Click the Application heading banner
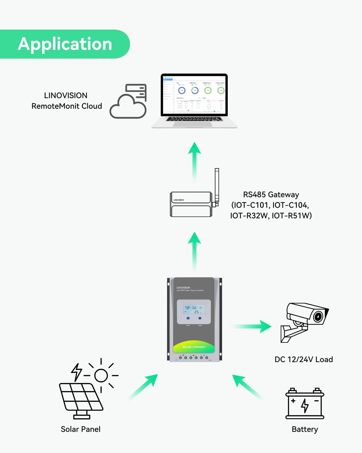[65, 44]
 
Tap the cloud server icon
[129, 102]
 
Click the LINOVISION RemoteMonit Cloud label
[66, 101]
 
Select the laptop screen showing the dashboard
[194, 95]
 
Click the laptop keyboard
[194, 119]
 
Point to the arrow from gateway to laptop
[195, 162]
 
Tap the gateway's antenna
[217, 186]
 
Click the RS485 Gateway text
[271, 205]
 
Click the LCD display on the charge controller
[194, 309]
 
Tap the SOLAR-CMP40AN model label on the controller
[194, 347]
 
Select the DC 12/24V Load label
[303, 359]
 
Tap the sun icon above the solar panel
[101, 376]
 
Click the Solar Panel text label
[81, 429]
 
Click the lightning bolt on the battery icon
[305, 405]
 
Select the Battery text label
[305, 429]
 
